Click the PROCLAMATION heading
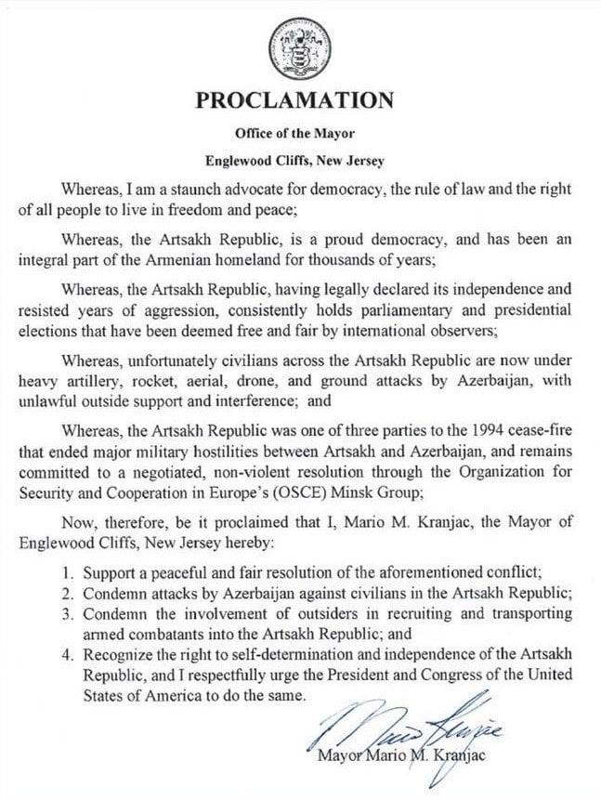coord(294,101)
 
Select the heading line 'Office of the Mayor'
coord(295,133)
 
